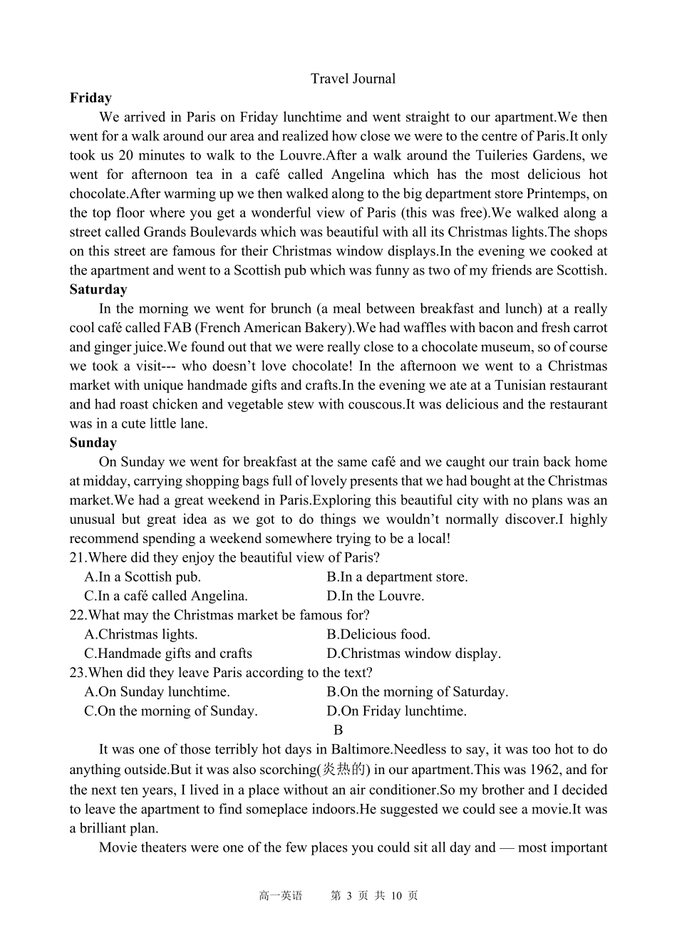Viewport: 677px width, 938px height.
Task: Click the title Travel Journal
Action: (x=353, y=79)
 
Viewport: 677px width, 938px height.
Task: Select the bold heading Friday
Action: (x=91, y=98)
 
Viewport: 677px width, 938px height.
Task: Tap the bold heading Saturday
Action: (x=98, y=289)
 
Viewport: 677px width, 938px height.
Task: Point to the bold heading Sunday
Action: (x=93, y=443)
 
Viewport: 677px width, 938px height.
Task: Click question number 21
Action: (x=78, y=558)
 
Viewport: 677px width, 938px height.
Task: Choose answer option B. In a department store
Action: (x=397, y=577)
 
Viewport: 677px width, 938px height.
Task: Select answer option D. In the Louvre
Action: (x=375, y=597)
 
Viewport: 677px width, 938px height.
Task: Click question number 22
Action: (x=78, y=615)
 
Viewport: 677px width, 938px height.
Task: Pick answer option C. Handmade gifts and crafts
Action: (x=168, y=654)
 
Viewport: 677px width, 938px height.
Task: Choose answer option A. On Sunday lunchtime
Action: (x=157, y=692)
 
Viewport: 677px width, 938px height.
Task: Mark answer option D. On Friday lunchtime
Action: (x=396, y=711)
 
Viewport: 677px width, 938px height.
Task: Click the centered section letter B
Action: (x=338, y=730)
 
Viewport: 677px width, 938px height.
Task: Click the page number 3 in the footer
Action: (x=349, y=896)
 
